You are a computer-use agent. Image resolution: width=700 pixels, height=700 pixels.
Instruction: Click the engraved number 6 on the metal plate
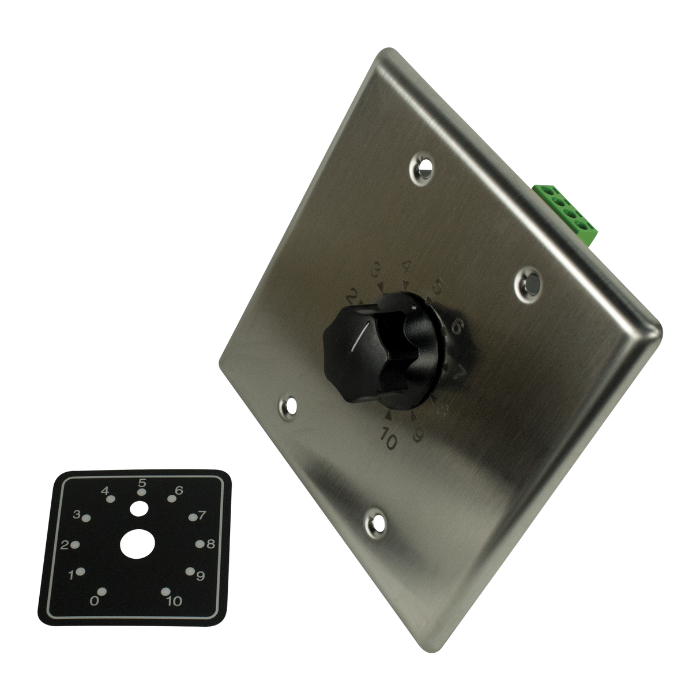click(457, 329)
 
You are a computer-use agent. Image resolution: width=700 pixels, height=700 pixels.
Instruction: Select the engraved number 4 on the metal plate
click(407, 266)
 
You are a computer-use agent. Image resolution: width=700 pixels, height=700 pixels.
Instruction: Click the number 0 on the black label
click(94, 601)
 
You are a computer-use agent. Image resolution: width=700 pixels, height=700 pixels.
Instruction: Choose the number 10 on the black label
click(174, 601)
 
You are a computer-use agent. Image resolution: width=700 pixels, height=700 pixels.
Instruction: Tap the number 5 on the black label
click(142, 483)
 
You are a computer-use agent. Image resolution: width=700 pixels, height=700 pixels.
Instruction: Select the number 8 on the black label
click(210, 543)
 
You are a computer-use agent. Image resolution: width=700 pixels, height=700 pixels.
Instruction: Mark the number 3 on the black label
click(77, 514)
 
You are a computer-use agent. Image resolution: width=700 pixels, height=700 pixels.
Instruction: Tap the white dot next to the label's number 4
click(112, 499)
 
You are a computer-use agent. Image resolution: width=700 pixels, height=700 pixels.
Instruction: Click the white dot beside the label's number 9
click(190, 571)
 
